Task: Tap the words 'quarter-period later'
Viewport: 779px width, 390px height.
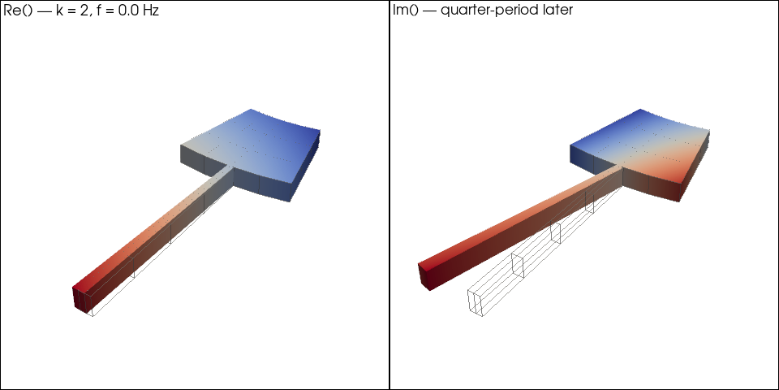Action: (x=506, y=11)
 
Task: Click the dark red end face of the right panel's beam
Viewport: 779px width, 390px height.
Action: (x=424, y=275)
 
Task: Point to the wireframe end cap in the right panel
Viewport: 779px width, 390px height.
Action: (x=476, y=302)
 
